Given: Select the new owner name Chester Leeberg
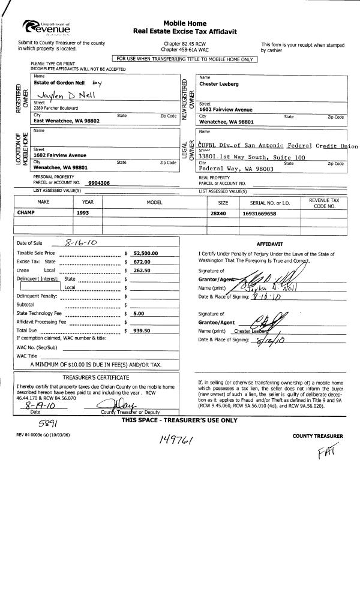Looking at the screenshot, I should tap(219, 84).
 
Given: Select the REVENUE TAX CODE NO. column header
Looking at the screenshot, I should tap(327, 203).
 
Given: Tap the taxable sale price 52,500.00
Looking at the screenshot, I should tap(145, 253).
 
